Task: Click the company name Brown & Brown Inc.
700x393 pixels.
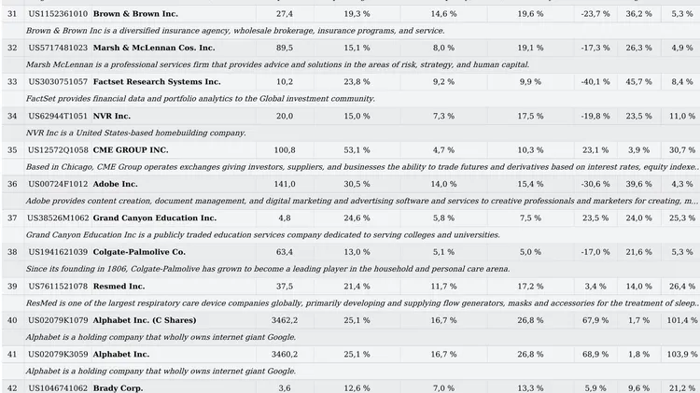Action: (135, 14)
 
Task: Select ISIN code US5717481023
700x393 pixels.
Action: (58, 48)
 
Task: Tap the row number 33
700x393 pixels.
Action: (12, 82)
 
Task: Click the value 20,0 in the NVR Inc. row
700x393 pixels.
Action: (284, 116)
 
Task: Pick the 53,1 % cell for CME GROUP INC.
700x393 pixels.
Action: (357, 149)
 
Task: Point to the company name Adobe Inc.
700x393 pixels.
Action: (115, 184)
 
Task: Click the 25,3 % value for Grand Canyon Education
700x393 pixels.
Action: (682, 218)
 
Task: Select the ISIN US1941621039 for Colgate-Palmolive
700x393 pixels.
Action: (58, 252)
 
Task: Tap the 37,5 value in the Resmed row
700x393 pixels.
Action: (284, 286)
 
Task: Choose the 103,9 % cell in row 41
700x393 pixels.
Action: (682, 355)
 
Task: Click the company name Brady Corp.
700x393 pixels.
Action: (118, 388)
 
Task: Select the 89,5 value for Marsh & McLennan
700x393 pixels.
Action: (284, 48)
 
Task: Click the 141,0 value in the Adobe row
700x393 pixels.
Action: (284, 184)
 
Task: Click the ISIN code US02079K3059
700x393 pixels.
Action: (58, 355)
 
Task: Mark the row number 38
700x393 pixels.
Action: (12, 252)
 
